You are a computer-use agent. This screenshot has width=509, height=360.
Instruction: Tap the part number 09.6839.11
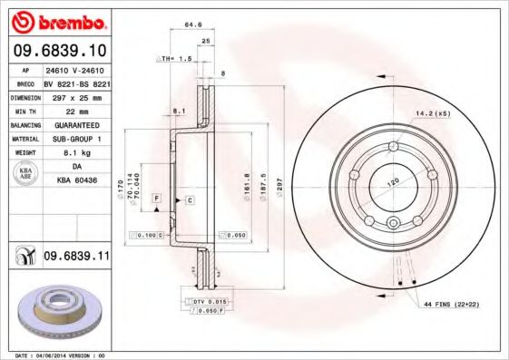click(77, 258)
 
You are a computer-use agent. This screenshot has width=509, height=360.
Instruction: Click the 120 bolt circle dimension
click(394, 182)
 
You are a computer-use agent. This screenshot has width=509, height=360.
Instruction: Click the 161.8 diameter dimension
click(247, 185)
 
